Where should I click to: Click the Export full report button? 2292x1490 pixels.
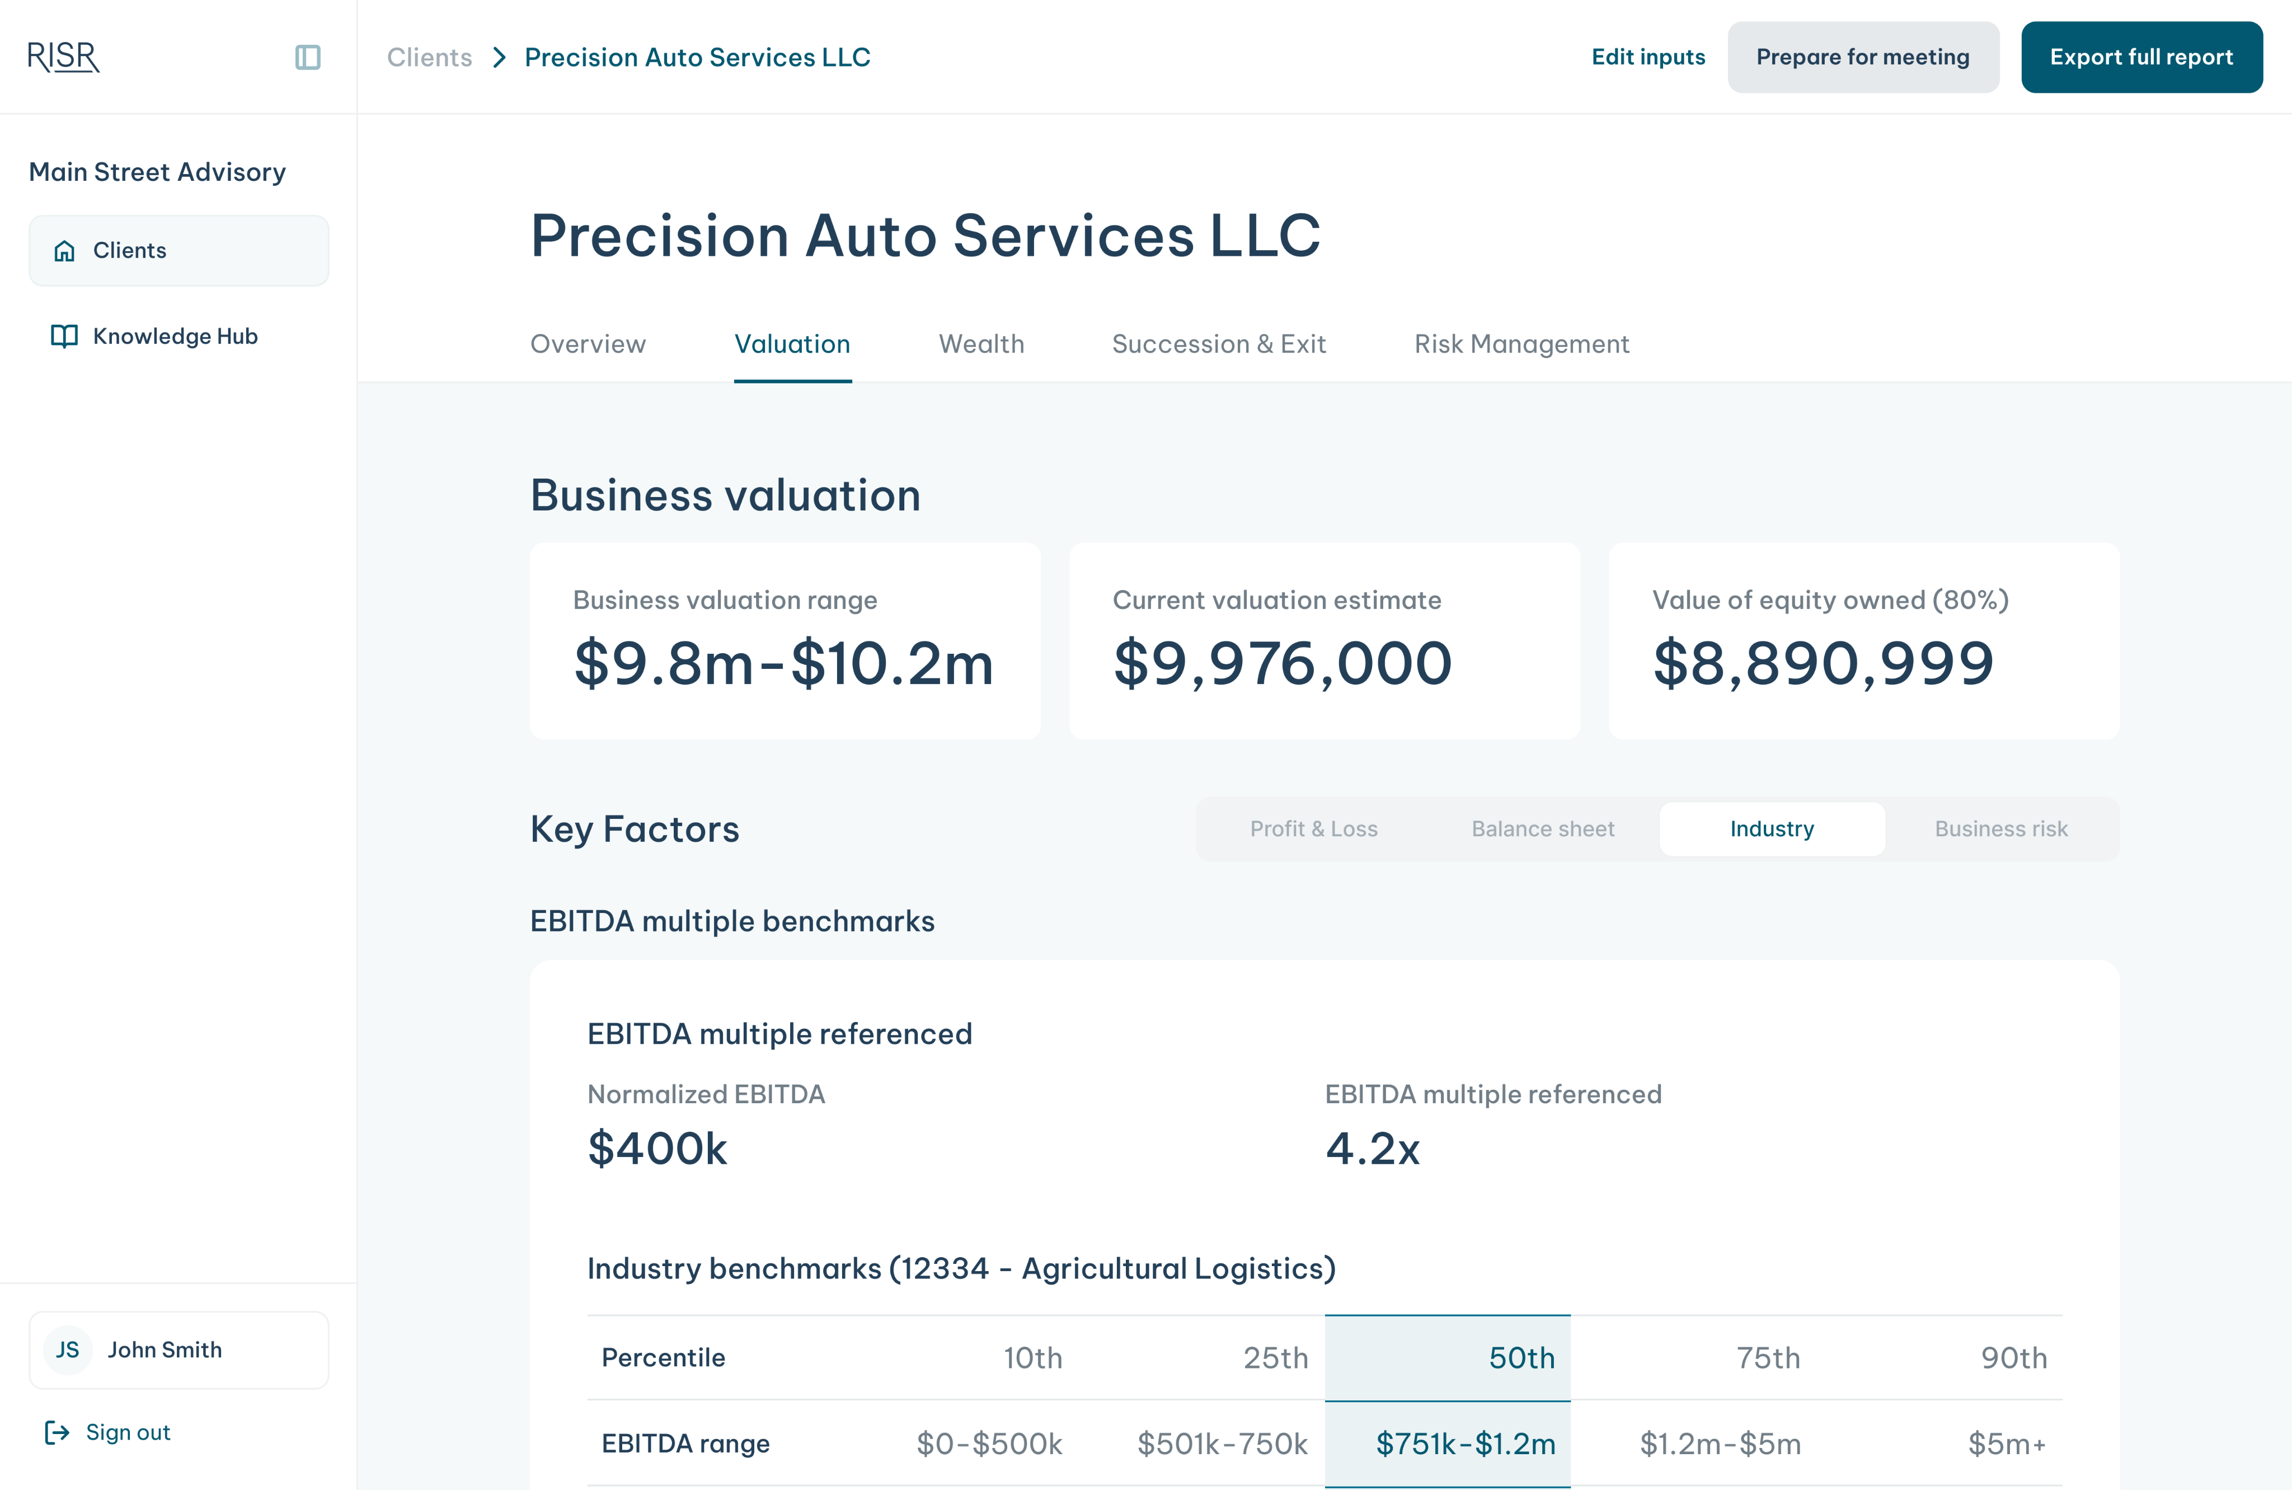[2141, 57]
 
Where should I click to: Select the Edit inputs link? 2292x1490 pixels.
[1648, 57]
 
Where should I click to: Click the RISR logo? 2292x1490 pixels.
[64, 57]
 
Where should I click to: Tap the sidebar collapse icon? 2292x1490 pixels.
[307, 57]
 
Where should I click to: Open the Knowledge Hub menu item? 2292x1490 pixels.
[175, 336]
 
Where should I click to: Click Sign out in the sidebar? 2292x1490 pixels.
[127, 1432]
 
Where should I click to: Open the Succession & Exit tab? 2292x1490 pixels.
[1218, 344]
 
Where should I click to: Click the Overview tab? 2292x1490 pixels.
[588, 344]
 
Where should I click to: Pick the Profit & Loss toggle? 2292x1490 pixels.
[1313, 828]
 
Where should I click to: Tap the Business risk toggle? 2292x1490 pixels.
[2001, 828]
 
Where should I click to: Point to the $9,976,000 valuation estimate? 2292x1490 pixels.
[1282, 664]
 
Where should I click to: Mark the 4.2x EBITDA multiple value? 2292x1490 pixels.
[1372, 1148]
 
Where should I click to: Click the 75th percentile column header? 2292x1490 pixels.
[1767, 1357]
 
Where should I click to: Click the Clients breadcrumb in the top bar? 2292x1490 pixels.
[430, 57]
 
